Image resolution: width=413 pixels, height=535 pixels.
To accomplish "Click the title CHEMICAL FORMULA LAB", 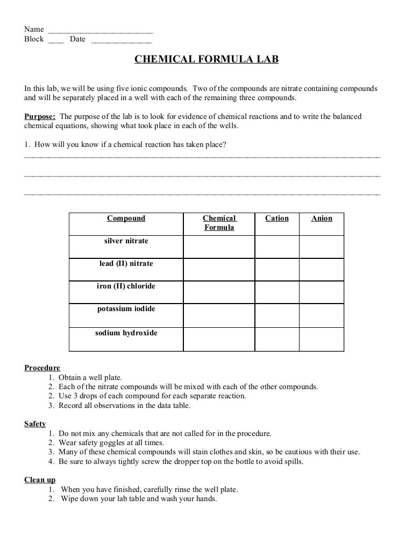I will pos(206,59).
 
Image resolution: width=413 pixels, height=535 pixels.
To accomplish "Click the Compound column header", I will pos(126,219).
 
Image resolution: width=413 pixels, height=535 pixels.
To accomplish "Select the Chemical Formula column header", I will pos(219,223).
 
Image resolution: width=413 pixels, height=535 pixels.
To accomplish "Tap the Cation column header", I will pos(277,219).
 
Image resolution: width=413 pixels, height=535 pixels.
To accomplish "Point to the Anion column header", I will pos(322,219).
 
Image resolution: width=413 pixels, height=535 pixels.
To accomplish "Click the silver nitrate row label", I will pos(126,241).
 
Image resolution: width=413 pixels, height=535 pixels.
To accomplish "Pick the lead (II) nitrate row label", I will pos(126,264).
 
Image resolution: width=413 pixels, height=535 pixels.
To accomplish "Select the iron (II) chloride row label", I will pos(126,286).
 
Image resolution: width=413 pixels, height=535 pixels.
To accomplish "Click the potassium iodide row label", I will pos(126,309).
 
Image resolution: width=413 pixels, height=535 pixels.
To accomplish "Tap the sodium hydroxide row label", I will pos(126,333).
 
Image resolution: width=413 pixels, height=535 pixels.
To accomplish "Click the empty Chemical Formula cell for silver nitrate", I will pos(219,247).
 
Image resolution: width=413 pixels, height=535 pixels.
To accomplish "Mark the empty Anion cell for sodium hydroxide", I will pos(322,339).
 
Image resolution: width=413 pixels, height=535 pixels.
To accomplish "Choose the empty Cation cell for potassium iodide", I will pos(277,316).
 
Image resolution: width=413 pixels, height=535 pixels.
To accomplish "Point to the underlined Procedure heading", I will pos(42,368).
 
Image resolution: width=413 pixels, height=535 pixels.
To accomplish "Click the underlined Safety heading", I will pos(35,424).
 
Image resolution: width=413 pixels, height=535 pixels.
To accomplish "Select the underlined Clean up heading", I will pos(40,480).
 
